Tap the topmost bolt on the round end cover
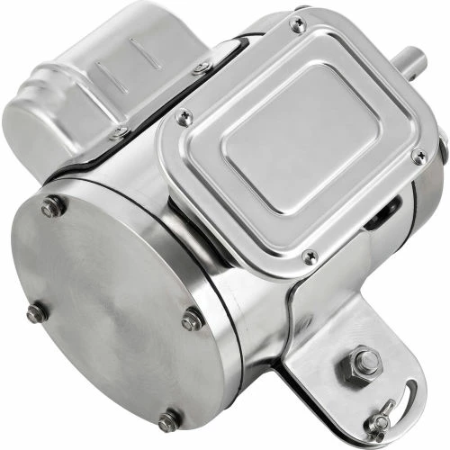(52, 207)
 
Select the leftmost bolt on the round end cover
(35, 314)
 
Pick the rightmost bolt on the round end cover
(191, 319)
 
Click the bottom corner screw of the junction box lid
(308, 256)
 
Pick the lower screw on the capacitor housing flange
(118, 132)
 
